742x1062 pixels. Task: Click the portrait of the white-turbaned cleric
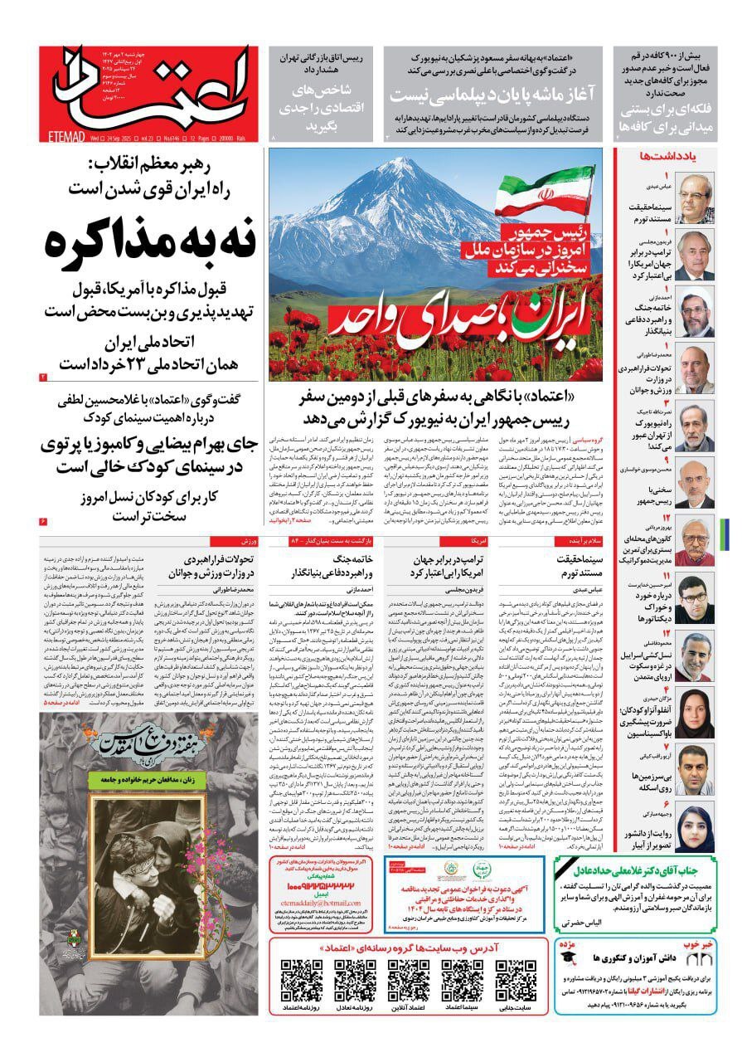(x=695, y=311)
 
